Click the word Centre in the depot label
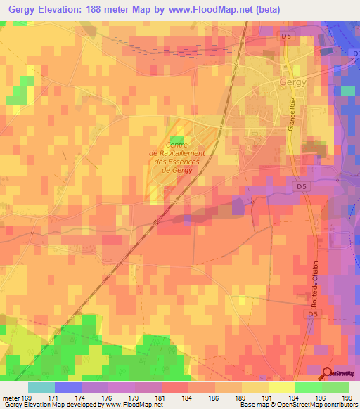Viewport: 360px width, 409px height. tap(178, 145)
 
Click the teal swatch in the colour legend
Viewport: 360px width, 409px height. tap(41, 387)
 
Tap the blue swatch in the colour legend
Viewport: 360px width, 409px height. tap(68, 387)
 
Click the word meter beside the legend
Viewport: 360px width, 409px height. tap(10, 397)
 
